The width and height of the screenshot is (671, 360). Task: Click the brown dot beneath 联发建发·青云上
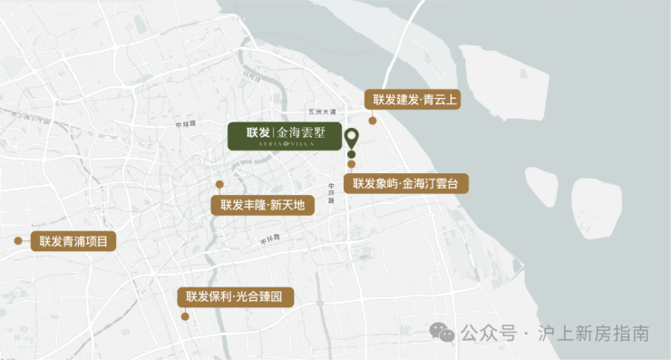click(372, 119)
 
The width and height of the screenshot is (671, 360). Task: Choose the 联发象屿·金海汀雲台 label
click(405, 183)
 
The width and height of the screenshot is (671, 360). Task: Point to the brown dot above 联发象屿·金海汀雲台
click(351, 165)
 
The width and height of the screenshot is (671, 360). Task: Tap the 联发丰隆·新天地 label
click(262, 205)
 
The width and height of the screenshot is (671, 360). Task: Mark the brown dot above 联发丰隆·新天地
click(219, 183)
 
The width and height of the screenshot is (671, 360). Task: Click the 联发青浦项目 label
click(74, 241)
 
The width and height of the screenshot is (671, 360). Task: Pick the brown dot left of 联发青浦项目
click(17, 241)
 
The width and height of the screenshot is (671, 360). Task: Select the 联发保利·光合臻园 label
click(234, 297)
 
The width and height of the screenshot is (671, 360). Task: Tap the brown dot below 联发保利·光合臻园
click(184, 316)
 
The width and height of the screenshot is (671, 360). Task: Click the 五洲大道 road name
click(322, 112)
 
